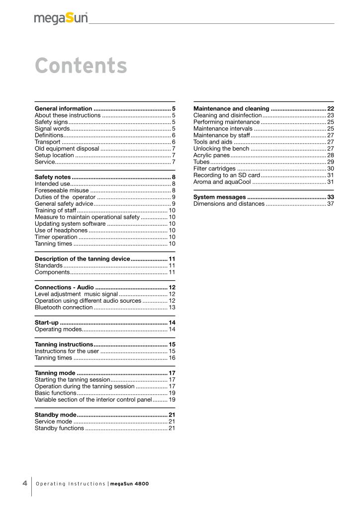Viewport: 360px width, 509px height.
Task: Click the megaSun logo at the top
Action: pos(61,18)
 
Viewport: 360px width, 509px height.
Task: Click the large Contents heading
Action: pos(81,66)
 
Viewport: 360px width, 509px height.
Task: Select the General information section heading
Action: pos(64,108)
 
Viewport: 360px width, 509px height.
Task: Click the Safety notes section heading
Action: pos(53,177)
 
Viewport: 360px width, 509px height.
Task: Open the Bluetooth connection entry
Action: pos(64,308)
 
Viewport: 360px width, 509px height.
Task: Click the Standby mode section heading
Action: pos(55,415)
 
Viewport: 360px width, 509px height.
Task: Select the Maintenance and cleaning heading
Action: pos(231,108)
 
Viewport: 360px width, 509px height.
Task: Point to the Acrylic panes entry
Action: pos(211,156)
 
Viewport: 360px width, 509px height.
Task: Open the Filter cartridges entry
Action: pos(214,169)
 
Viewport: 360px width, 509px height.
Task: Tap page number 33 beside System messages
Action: pos(330,197)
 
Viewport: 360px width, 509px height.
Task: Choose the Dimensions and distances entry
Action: pos(229,204)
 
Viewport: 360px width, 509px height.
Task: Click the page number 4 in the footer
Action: pos(24,484)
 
